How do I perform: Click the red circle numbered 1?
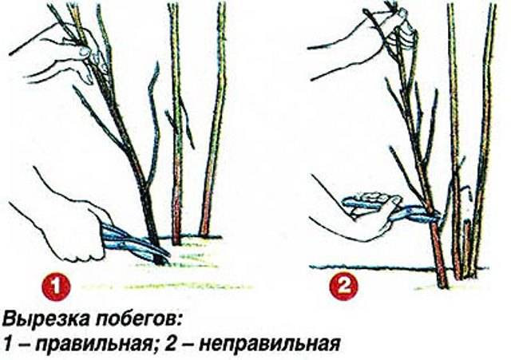coord(55,287)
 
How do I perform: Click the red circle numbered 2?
coord(343,287)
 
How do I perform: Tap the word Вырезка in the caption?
coord(46,319)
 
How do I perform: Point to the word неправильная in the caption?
coord(269,344)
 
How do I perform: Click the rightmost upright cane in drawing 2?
coord(482,140)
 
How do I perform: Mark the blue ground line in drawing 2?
coord(398,268)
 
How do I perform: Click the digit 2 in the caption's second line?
coord(170,344)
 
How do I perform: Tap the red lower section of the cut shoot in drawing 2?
coord(438,254)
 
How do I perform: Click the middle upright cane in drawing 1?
coord(176,124)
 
